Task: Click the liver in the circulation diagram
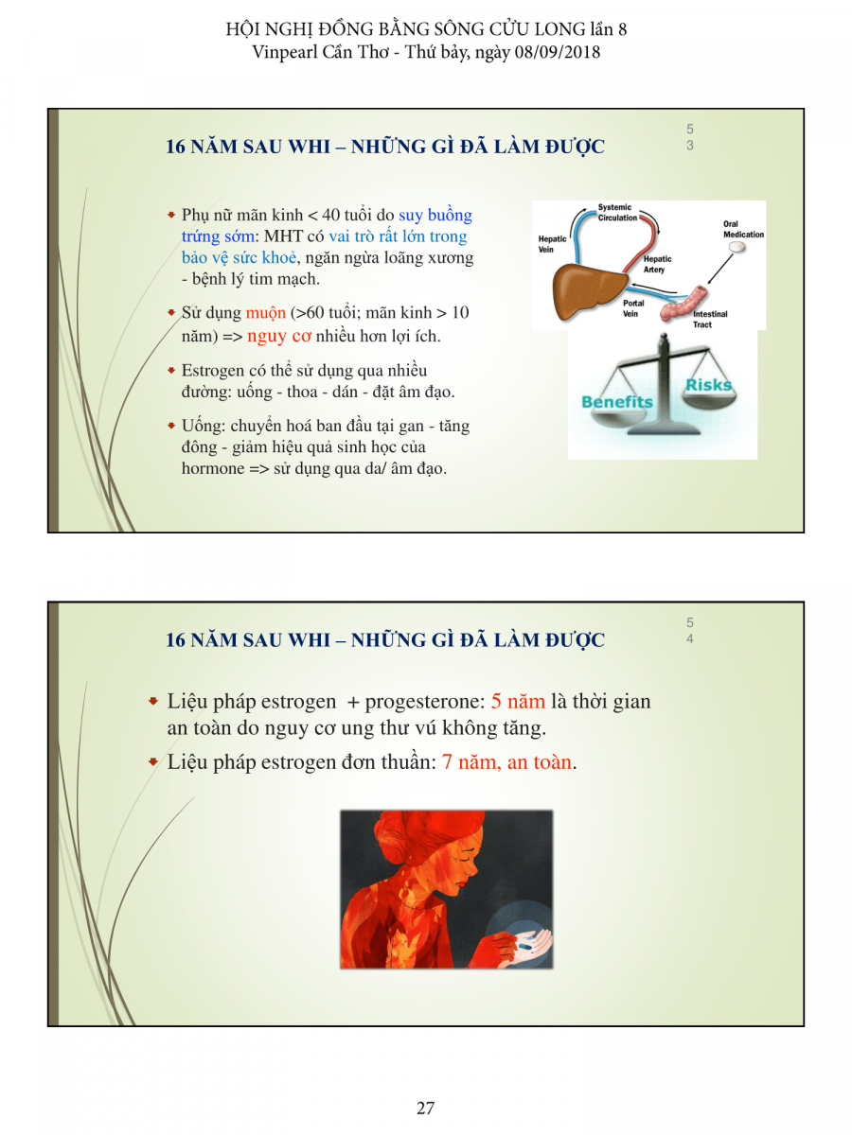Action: (x=589, y=290)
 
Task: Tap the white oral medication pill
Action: (x=737, y=247)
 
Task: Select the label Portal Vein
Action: (x=632, y=308)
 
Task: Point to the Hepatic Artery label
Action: (x=657, y=264)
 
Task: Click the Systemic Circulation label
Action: (x=617, y=213)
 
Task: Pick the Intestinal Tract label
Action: (x=710, y=319)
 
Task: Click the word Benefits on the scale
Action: (x=616, y=402)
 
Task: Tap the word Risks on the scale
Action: (x=708, y=385)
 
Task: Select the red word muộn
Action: (x=265, y=313)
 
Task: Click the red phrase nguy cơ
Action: (x=279, y=336)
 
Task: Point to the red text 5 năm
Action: (x=518, y=701)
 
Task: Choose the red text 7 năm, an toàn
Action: (x=506, y=761)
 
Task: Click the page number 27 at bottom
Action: (x=425, y=1108)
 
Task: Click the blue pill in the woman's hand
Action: (x=524, y=946)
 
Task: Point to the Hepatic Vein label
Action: (x=552, y=244)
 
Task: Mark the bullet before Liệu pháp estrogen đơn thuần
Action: (x=152, y=761)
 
